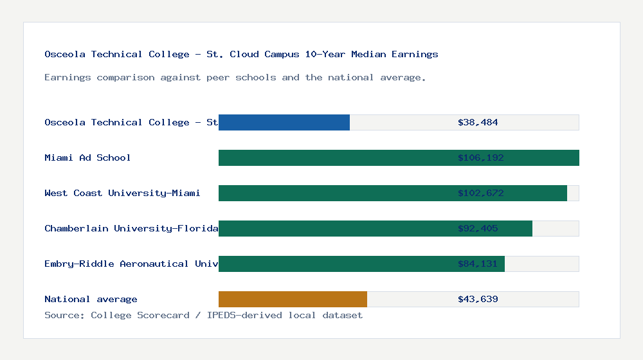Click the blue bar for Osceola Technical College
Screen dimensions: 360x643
click(x=284, y=122)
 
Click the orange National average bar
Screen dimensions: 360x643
click(x=293, y=299)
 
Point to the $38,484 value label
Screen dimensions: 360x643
click(x=478, y=122)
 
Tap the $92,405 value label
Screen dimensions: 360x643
click(x=478, y=228)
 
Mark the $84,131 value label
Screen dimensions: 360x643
click(x=478, y=264)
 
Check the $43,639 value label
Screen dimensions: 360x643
click(x=478, y=299)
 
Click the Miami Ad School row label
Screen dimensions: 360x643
click(x=87, y=157)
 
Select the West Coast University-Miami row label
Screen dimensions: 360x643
click(x=122, y=193)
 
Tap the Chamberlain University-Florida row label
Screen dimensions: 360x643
click(x=131, y=228)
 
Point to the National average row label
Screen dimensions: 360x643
click(x=91, y=299)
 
